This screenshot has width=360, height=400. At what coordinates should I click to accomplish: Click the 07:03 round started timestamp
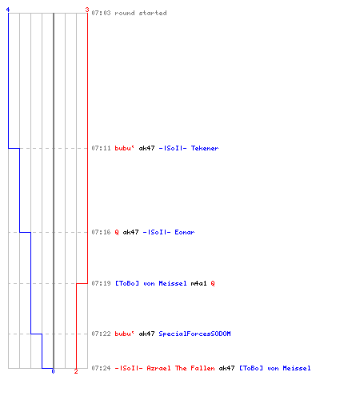(101, 13)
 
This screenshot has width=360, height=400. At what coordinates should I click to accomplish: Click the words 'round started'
(141, 13)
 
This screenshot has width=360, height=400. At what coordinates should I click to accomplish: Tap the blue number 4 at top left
(8, 10)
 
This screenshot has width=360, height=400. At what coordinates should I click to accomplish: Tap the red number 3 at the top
(87, 10)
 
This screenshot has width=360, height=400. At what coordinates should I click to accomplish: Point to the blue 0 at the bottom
(53, 371)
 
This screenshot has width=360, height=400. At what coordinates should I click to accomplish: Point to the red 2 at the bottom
(76, 371)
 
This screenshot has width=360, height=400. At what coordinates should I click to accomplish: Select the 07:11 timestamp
(101, 148)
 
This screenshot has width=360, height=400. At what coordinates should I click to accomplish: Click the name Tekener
(205, 148)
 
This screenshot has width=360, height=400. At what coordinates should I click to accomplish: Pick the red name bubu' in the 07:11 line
(125, 148)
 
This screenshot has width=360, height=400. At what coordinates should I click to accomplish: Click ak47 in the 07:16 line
(130, 232)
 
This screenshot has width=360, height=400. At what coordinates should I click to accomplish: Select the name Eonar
(185, 232)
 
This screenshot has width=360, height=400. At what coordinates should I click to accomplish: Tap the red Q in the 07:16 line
(117, 232)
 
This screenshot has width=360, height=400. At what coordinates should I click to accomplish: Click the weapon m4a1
(198, 283)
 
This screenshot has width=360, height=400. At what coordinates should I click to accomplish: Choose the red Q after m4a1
(213, 283)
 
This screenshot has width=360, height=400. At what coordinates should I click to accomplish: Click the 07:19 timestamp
(101, 283)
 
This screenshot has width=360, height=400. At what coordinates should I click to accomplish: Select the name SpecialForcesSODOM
(194, 334)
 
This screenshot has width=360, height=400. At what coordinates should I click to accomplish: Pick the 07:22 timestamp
(101, 334)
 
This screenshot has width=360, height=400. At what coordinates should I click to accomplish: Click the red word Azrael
(158, 368)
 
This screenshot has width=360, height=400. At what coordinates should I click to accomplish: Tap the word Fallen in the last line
(202, 368)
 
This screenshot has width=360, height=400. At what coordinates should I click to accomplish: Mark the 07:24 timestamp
(101, 368)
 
